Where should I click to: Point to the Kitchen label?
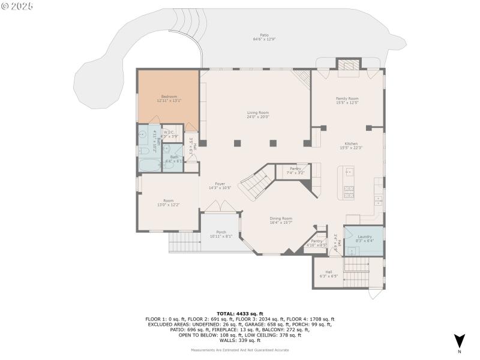tap(351, 144)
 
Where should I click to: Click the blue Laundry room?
tap(365, 239)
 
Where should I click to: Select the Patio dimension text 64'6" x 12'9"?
tap(263, 40)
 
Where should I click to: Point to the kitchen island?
tap(348, 183)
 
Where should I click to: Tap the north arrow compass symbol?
tap(459, 340)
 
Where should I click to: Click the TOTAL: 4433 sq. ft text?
tap(240, 314)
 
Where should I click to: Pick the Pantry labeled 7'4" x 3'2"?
tap(295, 170)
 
